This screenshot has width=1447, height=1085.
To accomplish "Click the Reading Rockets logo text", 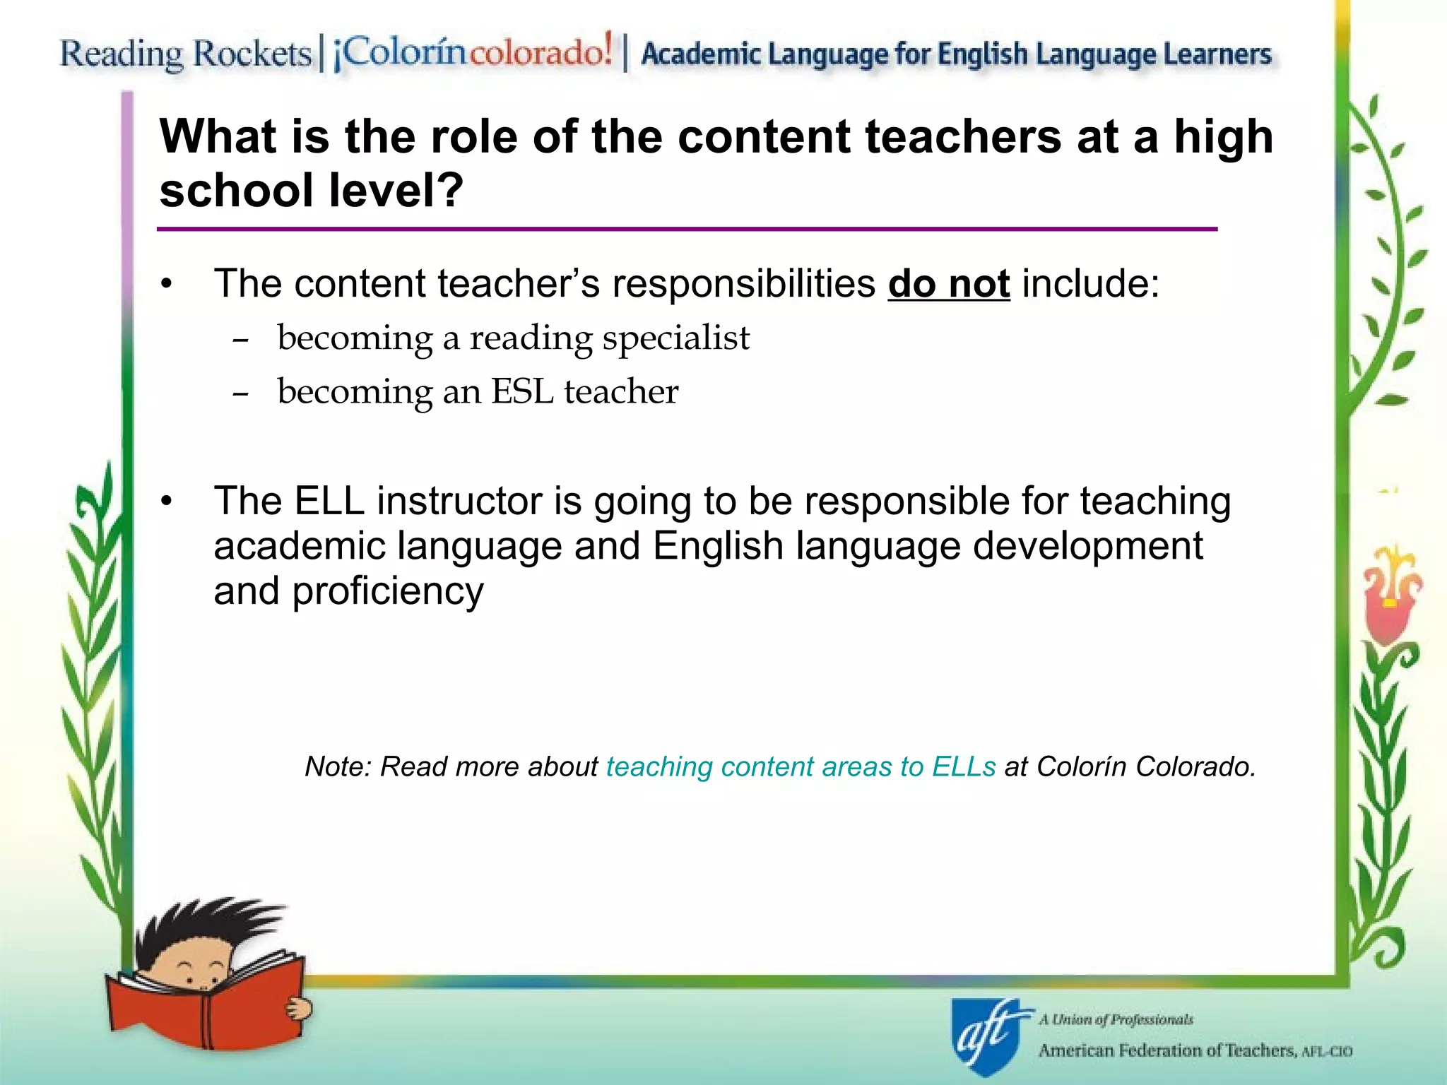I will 185,54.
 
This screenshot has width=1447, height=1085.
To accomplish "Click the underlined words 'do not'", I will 948,284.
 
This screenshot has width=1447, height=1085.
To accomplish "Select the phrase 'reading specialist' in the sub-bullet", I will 610,338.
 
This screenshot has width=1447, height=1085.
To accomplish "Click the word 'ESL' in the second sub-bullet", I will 522,391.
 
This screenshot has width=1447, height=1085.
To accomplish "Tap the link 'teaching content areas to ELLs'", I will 801,766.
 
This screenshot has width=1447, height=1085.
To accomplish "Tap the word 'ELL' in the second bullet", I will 329,501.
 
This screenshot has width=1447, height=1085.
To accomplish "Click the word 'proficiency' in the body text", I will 388,591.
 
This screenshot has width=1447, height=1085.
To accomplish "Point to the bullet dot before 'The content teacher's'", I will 166,285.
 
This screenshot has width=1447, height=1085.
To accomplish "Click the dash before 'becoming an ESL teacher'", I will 240,393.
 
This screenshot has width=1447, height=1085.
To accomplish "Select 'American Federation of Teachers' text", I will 1166,1050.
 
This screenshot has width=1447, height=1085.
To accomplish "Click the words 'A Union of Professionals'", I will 1115,1019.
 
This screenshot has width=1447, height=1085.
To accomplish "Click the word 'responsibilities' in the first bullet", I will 743,284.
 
